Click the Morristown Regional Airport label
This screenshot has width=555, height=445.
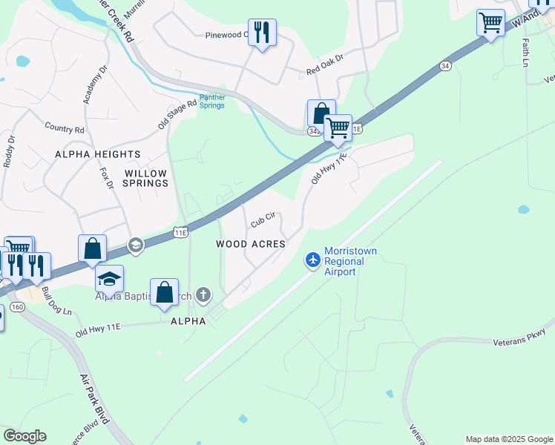click(350, 261)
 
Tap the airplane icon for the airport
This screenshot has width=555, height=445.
click(313, 260)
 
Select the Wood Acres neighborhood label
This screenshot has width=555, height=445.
click(251, 244)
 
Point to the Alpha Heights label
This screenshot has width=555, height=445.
click(87, 154)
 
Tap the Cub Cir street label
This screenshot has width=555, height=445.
click(263, 220)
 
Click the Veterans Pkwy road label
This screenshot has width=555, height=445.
click(519, 337)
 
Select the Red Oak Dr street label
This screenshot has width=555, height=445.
click(326, 65)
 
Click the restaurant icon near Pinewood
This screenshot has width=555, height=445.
click(261, 32)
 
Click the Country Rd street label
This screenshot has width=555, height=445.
click(65, 128)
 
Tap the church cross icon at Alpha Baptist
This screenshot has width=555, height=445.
click(202, 296)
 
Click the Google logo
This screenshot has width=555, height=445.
click(24, 436)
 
